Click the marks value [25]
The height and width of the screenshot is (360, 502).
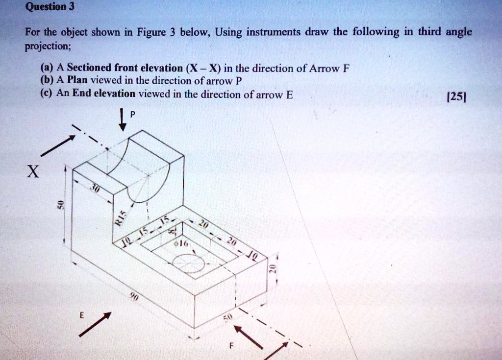[x=457, y=96]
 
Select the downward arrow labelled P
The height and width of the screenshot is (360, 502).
[x=123, y=120]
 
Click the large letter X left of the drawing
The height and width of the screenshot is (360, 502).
[x=32, y=172]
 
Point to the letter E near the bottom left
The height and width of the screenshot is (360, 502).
[x=82, y=316]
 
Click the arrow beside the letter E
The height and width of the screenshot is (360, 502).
[x=95, y=324]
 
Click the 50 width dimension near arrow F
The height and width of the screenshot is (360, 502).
[x=226, y=319]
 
